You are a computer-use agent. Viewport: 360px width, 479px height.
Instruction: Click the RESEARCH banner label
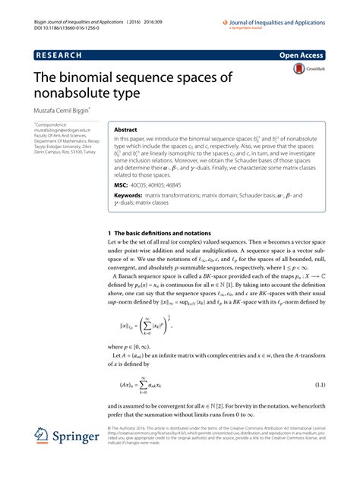[61, 55]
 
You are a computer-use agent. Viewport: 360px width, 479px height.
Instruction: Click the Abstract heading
[126, 130]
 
